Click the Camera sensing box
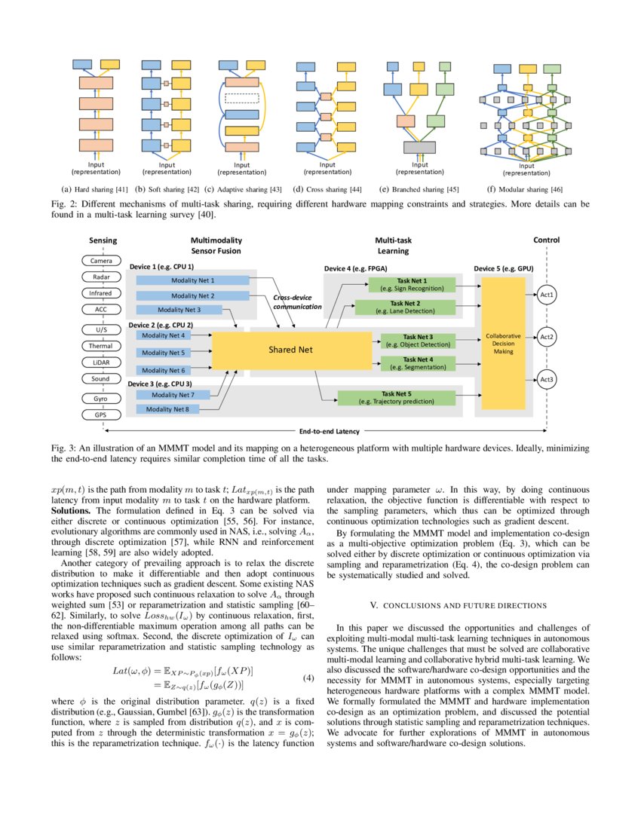point(101,261)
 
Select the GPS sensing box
point(101,414)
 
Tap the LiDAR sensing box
point(101,362)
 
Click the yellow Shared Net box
point(291,350)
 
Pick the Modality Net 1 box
point(192,280)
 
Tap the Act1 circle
point(547,295)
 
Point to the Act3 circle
point(547,380)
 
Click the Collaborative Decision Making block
point(503,344)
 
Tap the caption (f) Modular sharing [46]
point(526,188)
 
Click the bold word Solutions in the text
point(71,510)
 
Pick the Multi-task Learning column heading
point(392,246)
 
